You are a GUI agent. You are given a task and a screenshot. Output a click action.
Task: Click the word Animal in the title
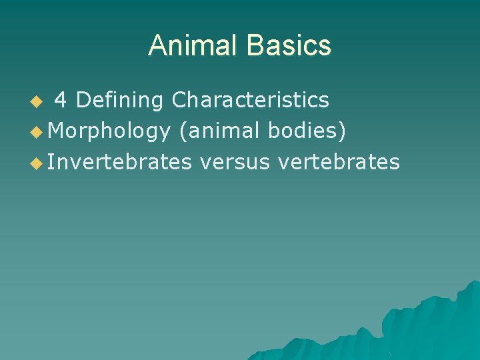click(x=193, y=45)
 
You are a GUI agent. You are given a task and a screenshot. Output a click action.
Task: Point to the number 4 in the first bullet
click(x=60, y=100)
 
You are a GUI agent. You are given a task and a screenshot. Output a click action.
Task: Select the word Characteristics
click(x=250, y=100)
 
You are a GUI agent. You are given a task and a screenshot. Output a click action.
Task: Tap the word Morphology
click(x=109, y=131)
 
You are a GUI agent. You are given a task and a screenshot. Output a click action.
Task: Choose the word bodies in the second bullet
click(x=303, y=131)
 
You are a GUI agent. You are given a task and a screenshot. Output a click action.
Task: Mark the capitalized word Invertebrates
click(x=119, y=161)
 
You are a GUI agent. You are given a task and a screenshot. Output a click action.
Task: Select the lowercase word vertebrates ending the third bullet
click(x=339, y=161)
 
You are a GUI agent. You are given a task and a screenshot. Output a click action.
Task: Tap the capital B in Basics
click(x=254, y=45)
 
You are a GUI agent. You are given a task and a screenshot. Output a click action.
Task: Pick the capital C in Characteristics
click(x=179, y=100)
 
